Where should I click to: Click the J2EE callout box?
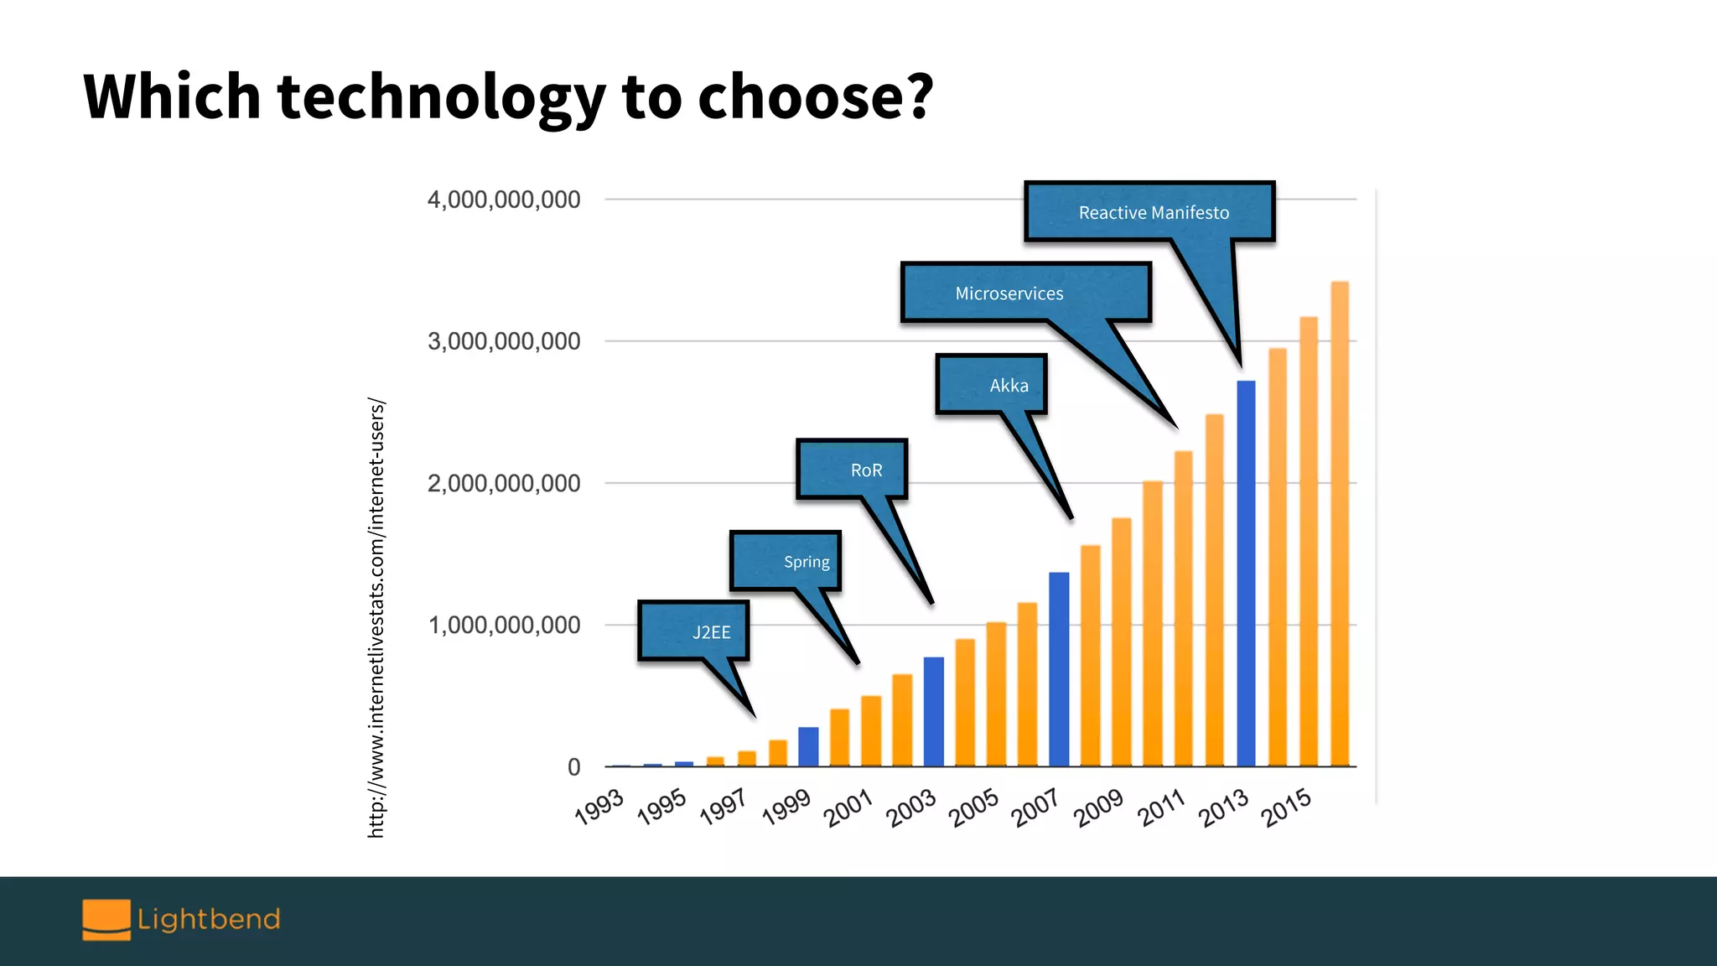[x=693, y=631]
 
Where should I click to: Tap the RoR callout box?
[x=852, y=470]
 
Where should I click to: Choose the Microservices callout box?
[x=1025, y=293]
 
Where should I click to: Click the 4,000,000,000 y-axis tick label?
[x=504, y=200]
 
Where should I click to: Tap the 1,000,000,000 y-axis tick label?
[x=504, y=625]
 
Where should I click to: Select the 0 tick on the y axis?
[x=574, y=766]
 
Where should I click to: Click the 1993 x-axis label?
[x=599, y=807]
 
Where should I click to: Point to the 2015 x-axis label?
[x=1287, y=807]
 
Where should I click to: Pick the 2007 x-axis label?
[x=1037, y=807]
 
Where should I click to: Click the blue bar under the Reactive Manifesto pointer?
[x=1246, y=574]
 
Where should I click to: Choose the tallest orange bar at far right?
[x=1340, y=524]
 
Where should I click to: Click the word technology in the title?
[x=441, y=96]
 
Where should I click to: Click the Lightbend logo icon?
[x=106, y=919]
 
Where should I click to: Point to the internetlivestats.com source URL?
[x=376, y=618]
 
